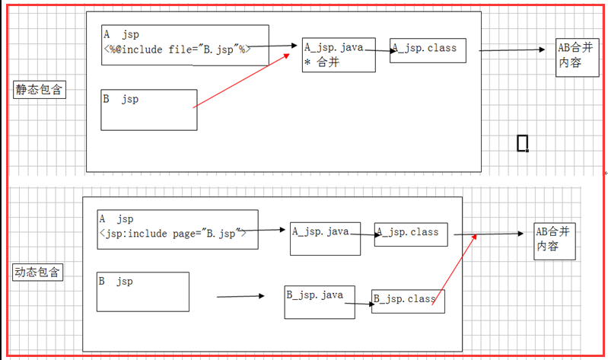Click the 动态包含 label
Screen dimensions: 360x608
pos(38,272)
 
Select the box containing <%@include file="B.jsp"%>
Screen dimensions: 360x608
pos(185,45)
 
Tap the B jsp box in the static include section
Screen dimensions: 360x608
pos(149,109)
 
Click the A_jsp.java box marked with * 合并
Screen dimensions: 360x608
pos(339,55)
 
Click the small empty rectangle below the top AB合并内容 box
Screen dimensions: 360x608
pos(522,143)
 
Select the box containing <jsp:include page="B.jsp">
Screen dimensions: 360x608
pos(177,228)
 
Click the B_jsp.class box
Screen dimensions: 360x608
pos(408,301)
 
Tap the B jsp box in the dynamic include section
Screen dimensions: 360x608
pos(143,292)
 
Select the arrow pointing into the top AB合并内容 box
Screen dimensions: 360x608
pos(512,51)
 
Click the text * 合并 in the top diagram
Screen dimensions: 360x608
pos(322,63)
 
